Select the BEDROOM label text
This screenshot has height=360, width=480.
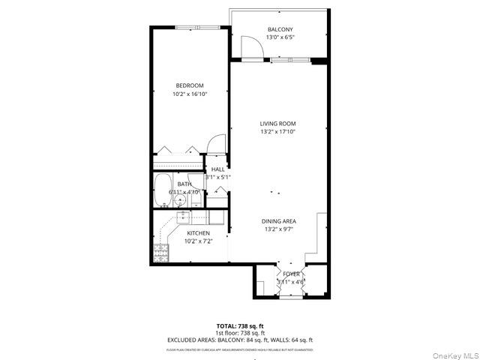[x=190, y=85]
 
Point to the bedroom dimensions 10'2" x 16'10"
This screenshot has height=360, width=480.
[x=190, y=94]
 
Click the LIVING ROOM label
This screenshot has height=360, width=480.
[x=277, y=124]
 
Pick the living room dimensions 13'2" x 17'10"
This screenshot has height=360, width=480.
[x=277, y=132]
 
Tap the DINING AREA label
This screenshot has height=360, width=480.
[x=278, y=220]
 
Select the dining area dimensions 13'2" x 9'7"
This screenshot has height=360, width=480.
[x=278, y=229]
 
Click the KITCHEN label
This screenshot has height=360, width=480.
[x=198, y=233]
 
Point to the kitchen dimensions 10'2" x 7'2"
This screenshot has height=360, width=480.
[x=198, y=241]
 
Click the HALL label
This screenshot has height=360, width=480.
[x=217, y=169]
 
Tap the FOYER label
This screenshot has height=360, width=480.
[x=291, y=274]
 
